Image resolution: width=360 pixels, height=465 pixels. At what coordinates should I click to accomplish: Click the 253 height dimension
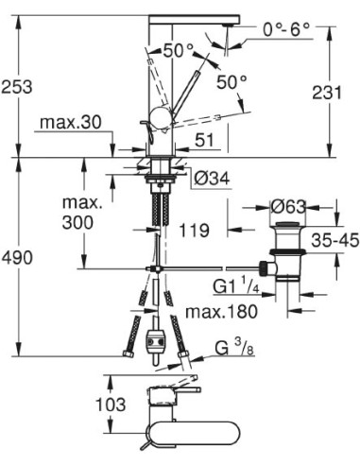pos(18,87)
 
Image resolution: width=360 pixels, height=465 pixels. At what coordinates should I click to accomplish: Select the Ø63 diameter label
pos(286,206)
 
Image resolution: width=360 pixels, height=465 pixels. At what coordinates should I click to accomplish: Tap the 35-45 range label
pos(334,240)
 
